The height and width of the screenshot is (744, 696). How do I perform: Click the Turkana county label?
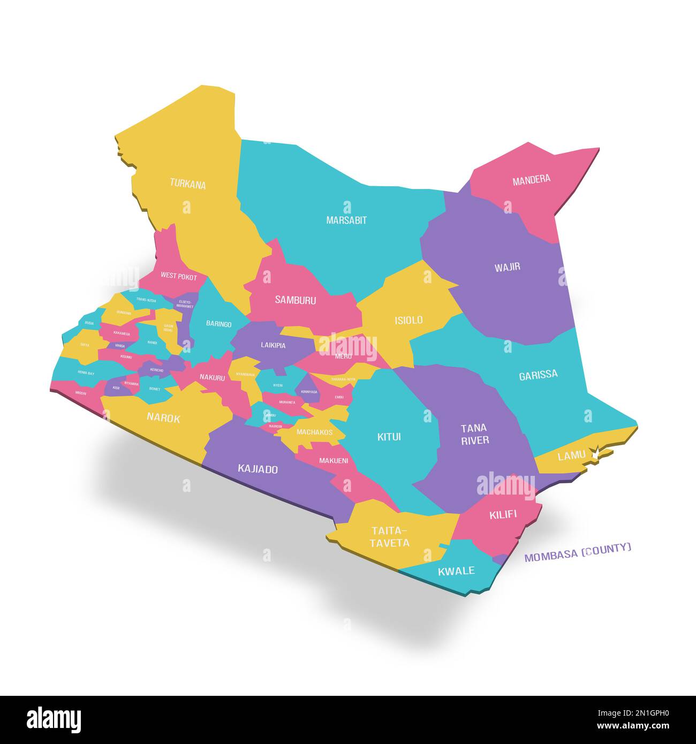pos(188,184)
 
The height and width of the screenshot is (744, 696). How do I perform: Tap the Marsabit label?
pos(346,220)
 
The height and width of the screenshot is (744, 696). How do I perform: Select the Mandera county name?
pos(531,180)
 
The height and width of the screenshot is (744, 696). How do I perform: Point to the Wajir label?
pos(507,267)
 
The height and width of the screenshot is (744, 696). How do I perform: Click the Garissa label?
pos(538,375)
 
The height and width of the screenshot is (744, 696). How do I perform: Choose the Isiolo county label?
pos(408,320)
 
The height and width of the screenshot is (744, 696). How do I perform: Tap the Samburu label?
pos(295,300)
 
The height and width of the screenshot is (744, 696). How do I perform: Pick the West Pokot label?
pos(179,277)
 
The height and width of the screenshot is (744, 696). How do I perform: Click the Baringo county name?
pos(219,324)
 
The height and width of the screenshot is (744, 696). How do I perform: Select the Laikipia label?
pos(273,345)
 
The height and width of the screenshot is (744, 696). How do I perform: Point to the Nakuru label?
pos(212,377)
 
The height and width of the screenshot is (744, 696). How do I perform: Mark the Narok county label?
pos(163,419)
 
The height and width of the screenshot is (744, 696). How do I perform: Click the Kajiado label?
pos(258,469)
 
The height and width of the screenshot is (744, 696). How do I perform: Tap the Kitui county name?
pos(389,437)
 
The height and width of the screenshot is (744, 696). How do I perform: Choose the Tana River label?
pos(474,434)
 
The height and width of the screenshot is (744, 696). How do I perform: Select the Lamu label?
pos(571,456)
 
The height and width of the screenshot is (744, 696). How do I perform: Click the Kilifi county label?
pos(503,515)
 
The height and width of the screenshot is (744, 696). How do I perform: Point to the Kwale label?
pos(456,571)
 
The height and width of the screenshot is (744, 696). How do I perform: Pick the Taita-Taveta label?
pos(390,536)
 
